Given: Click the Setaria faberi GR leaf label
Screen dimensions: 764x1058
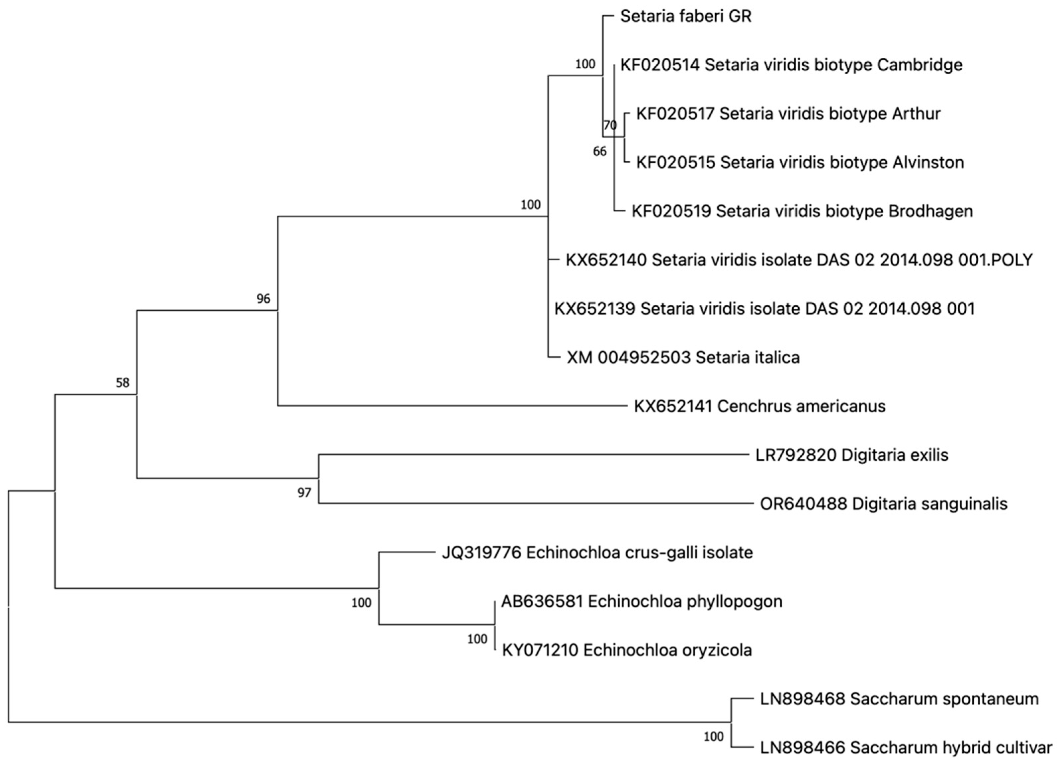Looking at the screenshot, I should click(x=686, y=16).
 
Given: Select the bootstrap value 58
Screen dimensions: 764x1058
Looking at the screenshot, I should click(x=122, y=383).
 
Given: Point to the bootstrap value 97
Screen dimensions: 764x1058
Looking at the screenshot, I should click(x=304, y=493).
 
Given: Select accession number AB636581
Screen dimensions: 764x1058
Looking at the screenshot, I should click(x=542, y=601).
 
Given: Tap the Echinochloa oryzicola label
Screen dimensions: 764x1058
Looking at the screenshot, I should click(x=627, y=650).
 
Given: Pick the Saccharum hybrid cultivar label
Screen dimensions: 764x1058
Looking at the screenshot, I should click(x=906, y=748).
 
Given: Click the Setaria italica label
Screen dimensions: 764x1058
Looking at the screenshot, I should click(x=683, y=357).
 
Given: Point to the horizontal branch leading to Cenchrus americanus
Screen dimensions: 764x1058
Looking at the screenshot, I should click(x=453, y=406).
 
